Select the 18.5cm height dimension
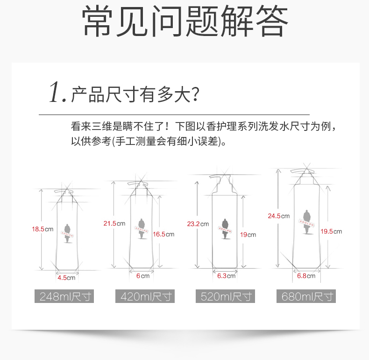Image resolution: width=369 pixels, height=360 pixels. (43, 229)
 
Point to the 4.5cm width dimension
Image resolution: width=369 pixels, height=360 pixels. (66, 278)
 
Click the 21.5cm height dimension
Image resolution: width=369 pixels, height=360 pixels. (114, 223)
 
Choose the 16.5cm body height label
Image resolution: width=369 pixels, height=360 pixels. (163, 234)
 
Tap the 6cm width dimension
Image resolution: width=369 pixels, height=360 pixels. (142, 276)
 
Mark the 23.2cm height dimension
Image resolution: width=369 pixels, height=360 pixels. (198, 224)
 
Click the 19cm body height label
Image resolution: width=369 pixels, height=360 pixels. (248, 235)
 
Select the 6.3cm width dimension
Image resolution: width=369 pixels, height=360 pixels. (226, 276)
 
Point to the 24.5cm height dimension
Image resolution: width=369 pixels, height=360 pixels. (278, 216)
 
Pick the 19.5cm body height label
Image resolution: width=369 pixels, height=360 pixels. (331, 231)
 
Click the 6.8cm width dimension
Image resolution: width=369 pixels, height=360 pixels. (306, 276)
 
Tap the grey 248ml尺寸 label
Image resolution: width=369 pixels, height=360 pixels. (64, 296)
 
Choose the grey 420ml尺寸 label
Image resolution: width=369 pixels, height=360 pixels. (145, 296)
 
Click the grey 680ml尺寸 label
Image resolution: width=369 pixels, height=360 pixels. (306, 296)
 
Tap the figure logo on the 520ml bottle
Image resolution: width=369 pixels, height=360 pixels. (226, 228)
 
